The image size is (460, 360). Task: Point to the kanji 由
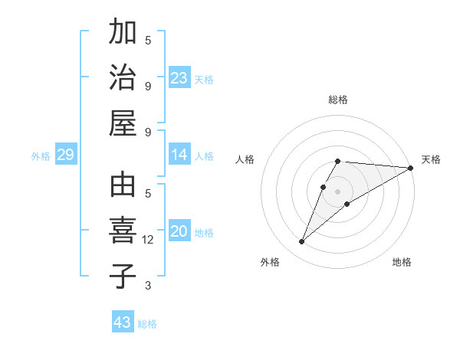click(123, 186)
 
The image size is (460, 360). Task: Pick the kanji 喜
click(123, 231)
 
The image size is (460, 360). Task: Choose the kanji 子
click(123, 275)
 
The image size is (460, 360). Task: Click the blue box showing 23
click(179, 78)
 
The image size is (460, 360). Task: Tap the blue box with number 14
click(179, 155)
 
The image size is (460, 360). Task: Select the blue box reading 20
click(179, 232)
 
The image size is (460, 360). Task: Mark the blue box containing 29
click(65, 155)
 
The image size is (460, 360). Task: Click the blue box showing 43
click(123, 322)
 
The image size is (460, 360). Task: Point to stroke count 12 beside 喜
click(148, 240)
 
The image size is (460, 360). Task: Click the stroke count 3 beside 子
click(148, 286)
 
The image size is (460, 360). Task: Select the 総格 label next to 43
click(147, 324)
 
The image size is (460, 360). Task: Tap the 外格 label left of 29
click(41, 156)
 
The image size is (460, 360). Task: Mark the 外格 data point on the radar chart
click(301, 242)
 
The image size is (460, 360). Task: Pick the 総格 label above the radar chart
click(338, 100)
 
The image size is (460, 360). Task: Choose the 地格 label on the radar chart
click(402, 262)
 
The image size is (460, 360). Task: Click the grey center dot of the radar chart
click(338, 191)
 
